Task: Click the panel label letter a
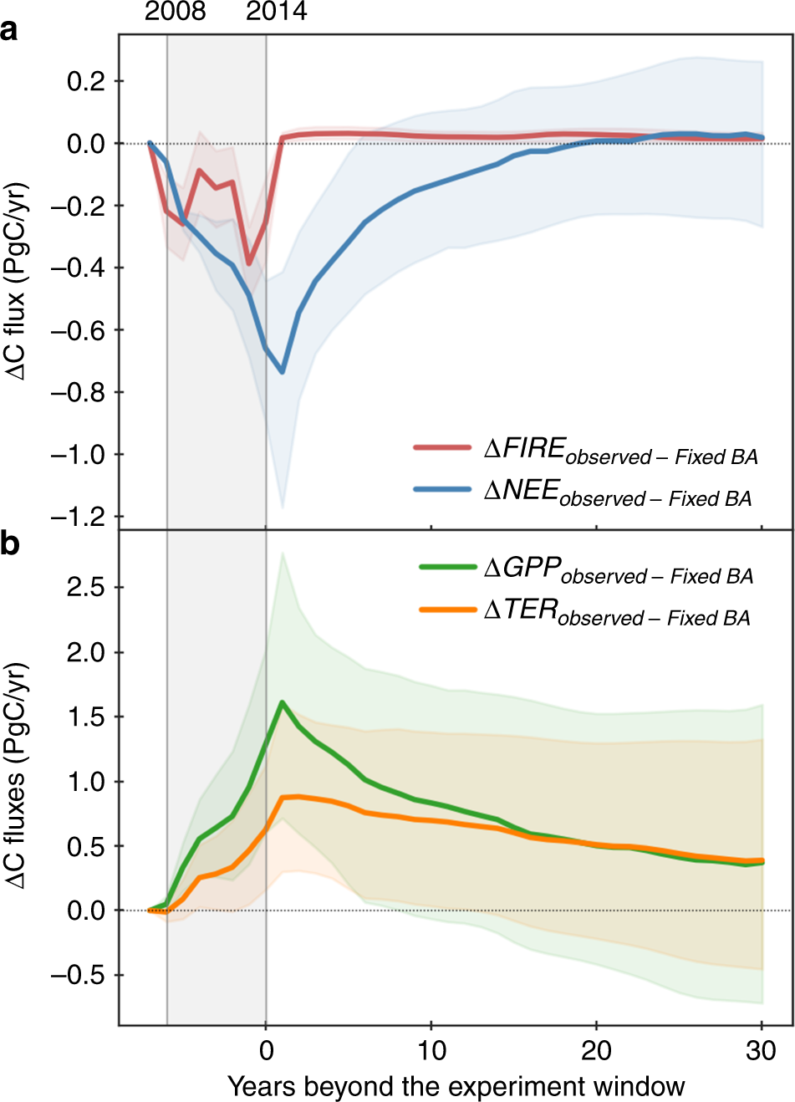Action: click(x=9, y=31)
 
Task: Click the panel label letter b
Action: click(x=10, y=544)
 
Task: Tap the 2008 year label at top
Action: click(x=175, y=12)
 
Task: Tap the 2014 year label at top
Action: click(x=276, y=12)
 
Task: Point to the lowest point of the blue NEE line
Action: click(x=283, y=372)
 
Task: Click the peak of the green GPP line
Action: click(x=283, y=702)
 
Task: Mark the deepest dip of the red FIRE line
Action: click(x=249, y=263)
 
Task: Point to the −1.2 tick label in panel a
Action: click(x=80, y=517)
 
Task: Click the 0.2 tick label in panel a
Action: click(x=86, y=81)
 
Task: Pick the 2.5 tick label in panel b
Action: click(x=86, y=588)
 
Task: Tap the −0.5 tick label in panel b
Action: click(x=80, y=976)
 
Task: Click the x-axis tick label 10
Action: click(x=431, y=1050)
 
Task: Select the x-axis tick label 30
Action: click(x=761, y=1050)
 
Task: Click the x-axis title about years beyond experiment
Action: click(x=456, y=1086)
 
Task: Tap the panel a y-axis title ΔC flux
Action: click(x=18, y=280)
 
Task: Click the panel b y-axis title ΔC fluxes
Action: click(x=18, y=776)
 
